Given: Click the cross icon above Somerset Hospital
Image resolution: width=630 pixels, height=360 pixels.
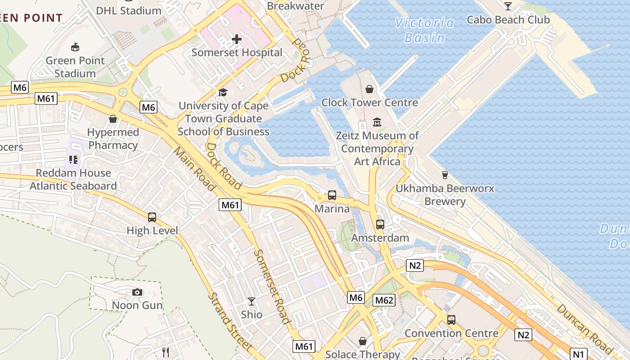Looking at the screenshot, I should (x=237, y=39).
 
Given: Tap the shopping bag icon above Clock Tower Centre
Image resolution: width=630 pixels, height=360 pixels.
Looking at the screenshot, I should (x=369, y=89).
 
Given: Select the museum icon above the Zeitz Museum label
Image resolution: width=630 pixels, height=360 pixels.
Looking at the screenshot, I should (x=377, y=122).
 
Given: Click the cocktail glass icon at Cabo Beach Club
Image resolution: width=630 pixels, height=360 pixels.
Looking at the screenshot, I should (x=508, y=6).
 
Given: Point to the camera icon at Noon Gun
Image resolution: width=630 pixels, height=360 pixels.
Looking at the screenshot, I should (x=137, y=292).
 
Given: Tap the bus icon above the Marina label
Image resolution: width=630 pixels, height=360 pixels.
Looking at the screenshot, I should (x=332, y=195).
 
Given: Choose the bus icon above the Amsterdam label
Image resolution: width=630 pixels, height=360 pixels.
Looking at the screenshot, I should (x=380, y=224).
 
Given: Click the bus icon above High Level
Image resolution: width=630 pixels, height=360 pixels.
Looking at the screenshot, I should (x=152, y=217).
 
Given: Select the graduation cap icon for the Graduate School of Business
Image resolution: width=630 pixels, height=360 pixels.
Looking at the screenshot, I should (x=223, y=93).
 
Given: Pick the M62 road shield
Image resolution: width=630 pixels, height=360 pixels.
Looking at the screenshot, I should (x=384, y=300).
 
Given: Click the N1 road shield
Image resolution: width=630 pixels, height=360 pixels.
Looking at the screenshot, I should (x=579, y=353).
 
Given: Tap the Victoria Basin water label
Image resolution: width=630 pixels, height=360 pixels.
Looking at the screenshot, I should (x=425, y=30).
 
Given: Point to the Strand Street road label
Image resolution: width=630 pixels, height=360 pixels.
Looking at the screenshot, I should (x=230, y=322).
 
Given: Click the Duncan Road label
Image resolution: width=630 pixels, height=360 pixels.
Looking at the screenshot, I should (x=584, y=329).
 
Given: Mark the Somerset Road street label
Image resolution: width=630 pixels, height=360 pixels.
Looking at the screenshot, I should (x=272, y=286).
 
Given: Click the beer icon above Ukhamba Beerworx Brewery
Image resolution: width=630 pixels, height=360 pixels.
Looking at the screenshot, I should (x=445, y=175).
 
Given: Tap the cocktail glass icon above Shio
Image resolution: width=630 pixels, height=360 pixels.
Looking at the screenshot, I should (x=252, y=301).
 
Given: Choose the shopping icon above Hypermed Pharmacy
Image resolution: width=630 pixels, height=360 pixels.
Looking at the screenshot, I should (x=113, y=119).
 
